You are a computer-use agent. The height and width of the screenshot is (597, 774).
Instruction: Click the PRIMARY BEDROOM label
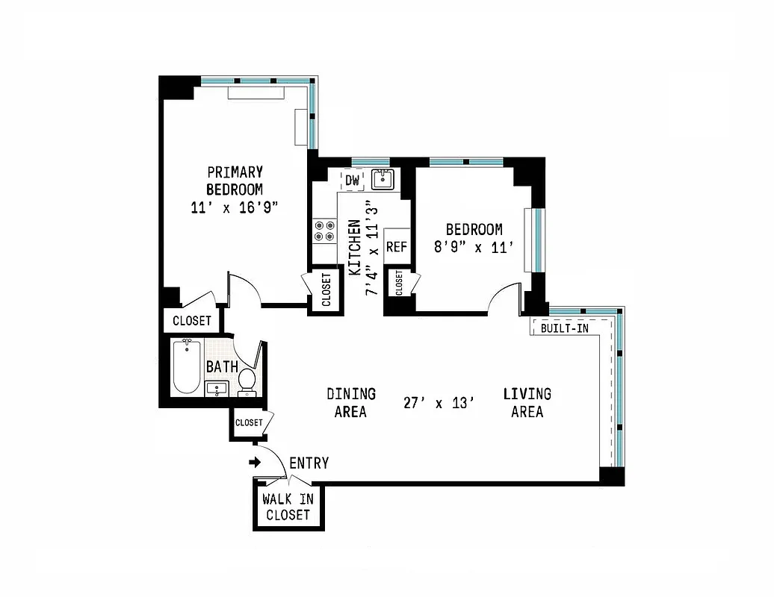click(x=235, y=180)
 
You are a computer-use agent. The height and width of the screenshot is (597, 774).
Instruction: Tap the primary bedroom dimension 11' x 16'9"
click(x=235, y=207)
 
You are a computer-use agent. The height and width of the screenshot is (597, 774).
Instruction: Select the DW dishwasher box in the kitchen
click(x=352, y=180)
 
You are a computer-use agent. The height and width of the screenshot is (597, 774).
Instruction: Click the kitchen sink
click(x=383, y=179)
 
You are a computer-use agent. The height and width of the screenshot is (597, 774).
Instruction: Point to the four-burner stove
click(x=323, y=230)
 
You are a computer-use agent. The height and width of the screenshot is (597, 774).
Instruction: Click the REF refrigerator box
click(x=396, y=247)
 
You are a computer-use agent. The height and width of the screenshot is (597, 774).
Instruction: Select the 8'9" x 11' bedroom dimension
click(x=474, y=247)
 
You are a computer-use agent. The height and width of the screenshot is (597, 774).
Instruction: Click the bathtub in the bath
click(x=186, y=366)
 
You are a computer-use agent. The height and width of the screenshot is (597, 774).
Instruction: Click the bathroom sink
click(x=217, y=388)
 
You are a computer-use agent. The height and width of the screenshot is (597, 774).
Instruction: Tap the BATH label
click(x=222, y=366)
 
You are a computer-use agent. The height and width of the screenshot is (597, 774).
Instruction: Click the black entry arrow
click(x=255, y=462)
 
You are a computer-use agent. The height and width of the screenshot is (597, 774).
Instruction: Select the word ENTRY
click(x=309, y=463)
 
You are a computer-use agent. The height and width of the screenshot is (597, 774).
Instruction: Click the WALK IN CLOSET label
click(x=288, y=507)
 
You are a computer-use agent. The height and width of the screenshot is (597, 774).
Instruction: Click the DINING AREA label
click(x=350, y=402)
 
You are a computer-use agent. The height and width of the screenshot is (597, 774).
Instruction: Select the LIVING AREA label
click(x=527, y=402)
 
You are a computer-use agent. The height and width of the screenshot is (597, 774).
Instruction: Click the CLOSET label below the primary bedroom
click(x=192, y=321)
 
